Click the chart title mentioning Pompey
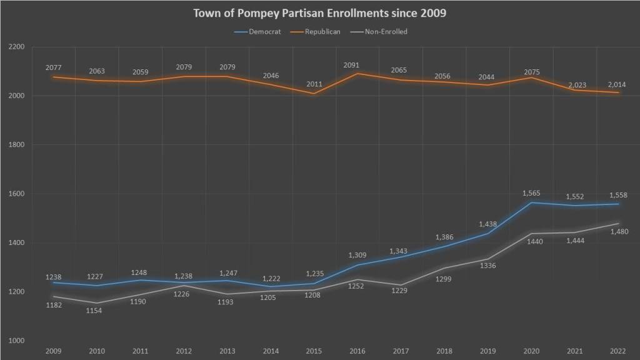click(319, 13)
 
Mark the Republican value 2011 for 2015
click(314, 84)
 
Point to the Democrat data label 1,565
click(531, 193)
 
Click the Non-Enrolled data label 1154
click(97, 311)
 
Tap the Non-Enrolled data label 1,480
click(618, 232)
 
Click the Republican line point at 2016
click(357, 74)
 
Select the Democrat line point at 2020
click(531, 202)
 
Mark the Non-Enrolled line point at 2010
click(97, 303)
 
